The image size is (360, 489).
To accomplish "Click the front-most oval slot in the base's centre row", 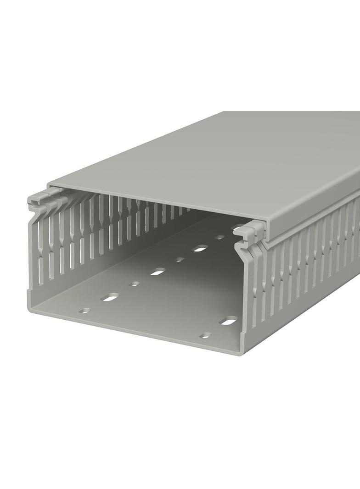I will coord(110,298).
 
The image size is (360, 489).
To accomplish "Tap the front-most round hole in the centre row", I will coord(84,311).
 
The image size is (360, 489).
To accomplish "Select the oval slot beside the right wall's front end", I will coord(228,321).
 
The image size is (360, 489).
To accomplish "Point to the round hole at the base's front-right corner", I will coord(206,335).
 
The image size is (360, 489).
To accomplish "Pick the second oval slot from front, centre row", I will coord(157,272).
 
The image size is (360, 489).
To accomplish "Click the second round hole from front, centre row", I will coord(134,284).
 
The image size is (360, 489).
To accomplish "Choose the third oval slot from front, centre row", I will coord(199,249).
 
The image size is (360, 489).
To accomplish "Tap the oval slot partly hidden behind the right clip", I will coord(238,227).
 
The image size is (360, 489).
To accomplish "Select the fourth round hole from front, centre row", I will coord(220,238).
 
